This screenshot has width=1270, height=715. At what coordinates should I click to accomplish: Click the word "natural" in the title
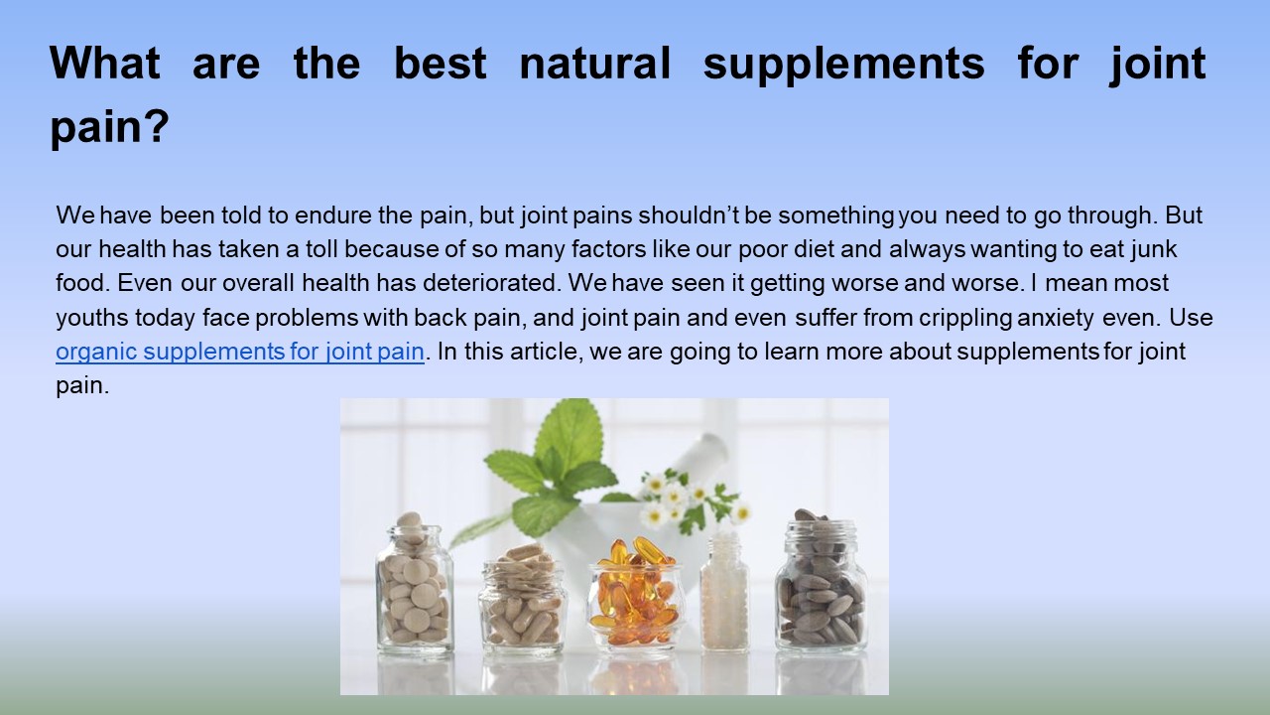pyautogui.click(x=594, y=64)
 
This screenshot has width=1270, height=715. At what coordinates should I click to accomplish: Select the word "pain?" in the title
pyautogui.click(x=109, y=129)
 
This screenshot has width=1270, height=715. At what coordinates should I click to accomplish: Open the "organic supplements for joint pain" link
pyautogui.click(x=240, y=352)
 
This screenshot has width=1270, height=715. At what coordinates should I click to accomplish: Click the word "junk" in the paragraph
pyautogui.click(x=1154, y=249)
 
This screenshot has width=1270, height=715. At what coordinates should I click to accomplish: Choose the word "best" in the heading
pyautogui.click(x=440, y=64)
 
